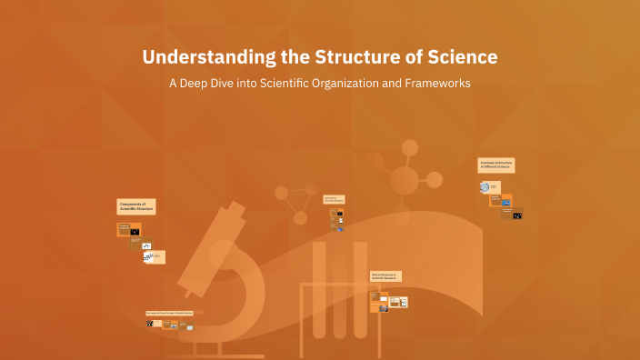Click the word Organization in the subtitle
pyautogui.click(x=344, y=83)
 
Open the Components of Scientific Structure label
pyautogui.click(x=136, y=207)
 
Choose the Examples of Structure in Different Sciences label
pyautogui.click(x=497, y=165)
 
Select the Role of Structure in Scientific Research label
pyautogui.click(x=385, y=275)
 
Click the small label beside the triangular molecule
pyautogui.click(x=334, y=199)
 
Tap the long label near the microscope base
pyautogui.click(x=175, y=313)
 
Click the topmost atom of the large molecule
pyautogui.click(x=409, y=147)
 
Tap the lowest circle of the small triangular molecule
pyautogui.click(x=299, y=217)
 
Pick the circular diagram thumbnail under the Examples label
pyautogui.click(x=485, y=187)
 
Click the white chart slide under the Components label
pyautogui.click(x=147, y=257)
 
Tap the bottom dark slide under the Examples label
pyautogui.click(x=517, y=215)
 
